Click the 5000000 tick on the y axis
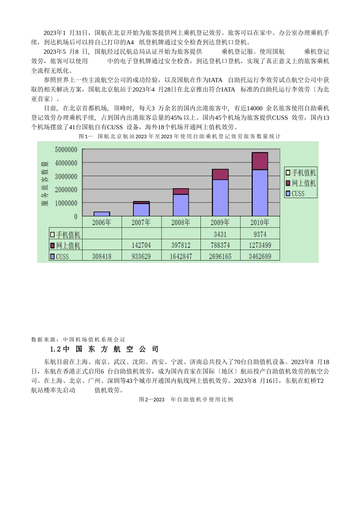[66, 150]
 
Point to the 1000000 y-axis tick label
[66, 203]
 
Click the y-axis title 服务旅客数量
[45, 183]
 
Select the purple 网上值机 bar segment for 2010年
[260, 161]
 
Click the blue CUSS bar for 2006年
[102, 214]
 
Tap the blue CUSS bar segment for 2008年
[181, 205]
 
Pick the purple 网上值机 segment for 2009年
[220, 175]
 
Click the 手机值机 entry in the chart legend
[301, 173]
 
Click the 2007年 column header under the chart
[141, 222]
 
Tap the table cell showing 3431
[220, 234]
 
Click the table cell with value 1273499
[260, 245]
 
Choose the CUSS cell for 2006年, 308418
[102, 256]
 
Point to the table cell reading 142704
[141, 245]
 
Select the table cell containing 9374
[260, 234]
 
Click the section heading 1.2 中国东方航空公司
[104, 349]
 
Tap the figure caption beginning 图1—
[180, 136]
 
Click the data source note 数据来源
[78, 339]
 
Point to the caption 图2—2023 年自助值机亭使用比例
[186, 399]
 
